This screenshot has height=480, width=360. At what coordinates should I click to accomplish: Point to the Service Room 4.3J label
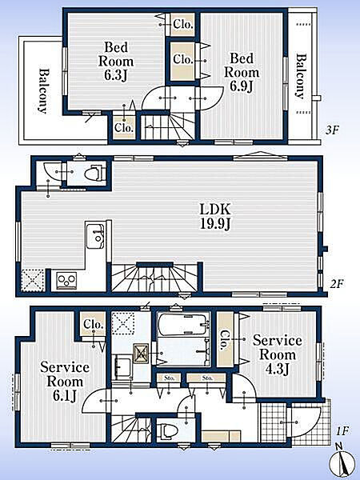(277, 354)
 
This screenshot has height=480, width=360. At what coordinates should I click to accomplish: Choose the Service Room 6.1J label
(65, 382)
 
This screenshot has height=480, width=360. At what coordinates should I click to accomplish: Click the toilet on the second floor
(94, 173)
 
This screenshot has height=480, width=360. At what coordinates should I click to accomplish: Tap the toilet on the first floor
(167, 431)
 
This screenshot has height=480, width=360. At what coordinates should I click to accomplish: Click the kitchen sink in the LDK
(95, 236)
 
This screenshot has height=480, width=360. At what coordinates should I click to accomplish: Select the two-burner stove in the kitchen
(67, 281)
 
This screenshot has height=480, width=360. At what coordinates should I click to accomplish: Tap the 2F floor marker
(336, 284)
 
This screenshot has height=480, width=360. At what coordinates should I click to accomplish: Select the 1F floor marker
(342, 431)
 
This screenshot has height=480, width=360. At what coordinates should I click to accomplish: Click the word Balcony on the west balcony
(44, 91)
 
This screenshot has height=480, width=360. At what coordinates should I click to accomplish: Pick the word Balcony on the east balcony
(302, 76)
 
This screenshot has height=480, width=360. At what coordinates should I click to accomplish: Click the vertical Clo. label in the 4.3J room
(225, 340)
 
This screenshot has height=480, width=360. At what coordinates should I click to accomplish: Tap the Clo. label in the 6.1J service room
(93, 325)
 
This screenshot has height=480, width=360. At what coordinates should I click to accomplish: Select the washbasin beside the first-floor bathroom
(122, 366)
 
